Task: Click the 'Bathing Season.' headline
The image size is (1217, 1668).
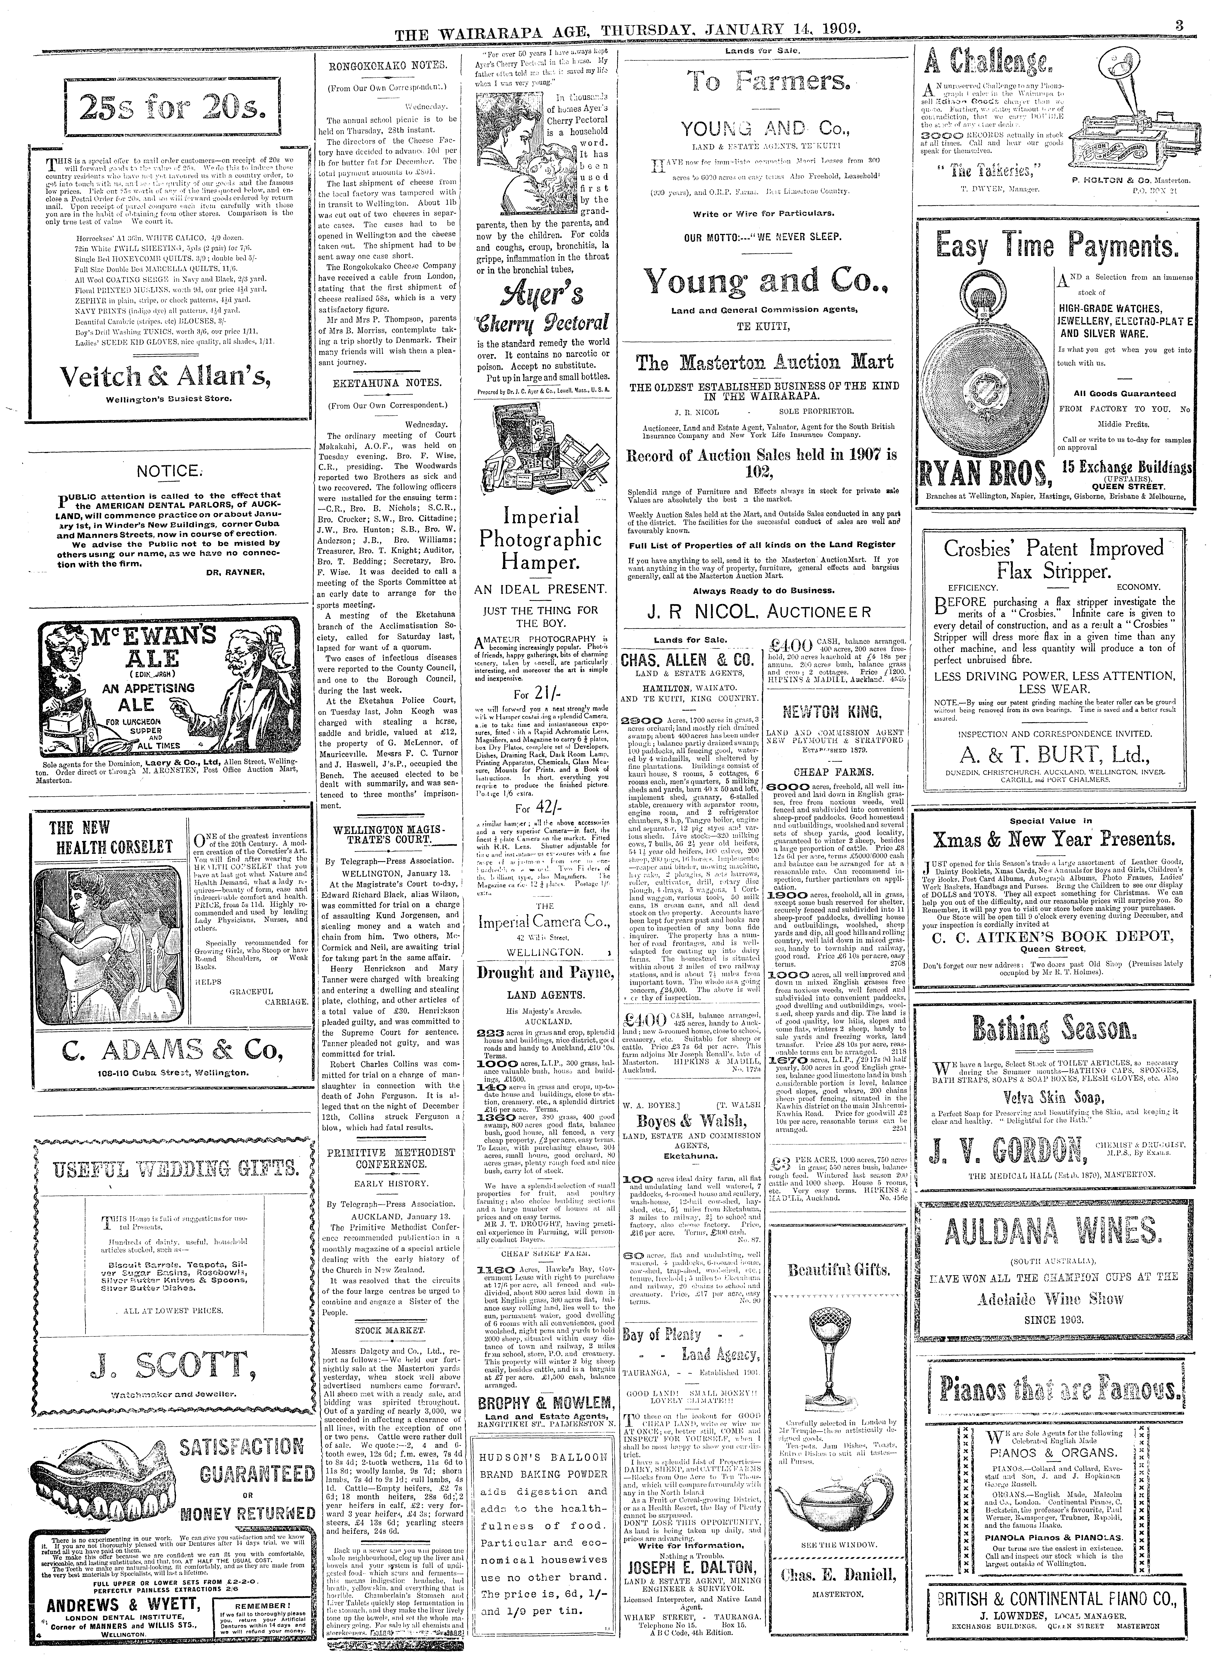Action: [x=1051, y=1028]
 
